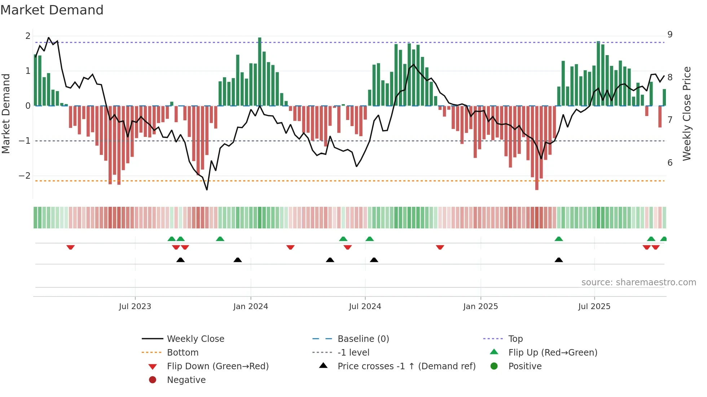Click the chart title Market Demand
(52, 10)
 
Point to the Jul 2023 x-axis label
(135, 307)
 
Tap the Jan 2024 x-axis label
(250, 307)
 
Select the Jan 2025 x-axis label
(480, 307)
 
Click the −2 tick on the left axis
(25, 176)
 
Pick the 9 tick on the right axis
(670, 35)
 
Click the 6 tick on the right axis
(670, 163)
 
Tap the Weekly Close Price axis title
(687, 113)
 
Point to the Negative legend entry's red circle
(153, 380)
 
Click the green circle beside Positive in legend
(494, 366)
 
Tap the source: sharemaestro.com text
(638, 282)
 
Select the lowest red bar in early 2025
(537, 148)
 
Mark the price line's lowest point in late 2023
(207, 189)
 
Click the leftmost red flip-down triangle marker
(71, 247)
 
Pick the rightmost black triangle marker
(559, 260)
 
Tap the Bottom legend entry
(183, 353)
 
